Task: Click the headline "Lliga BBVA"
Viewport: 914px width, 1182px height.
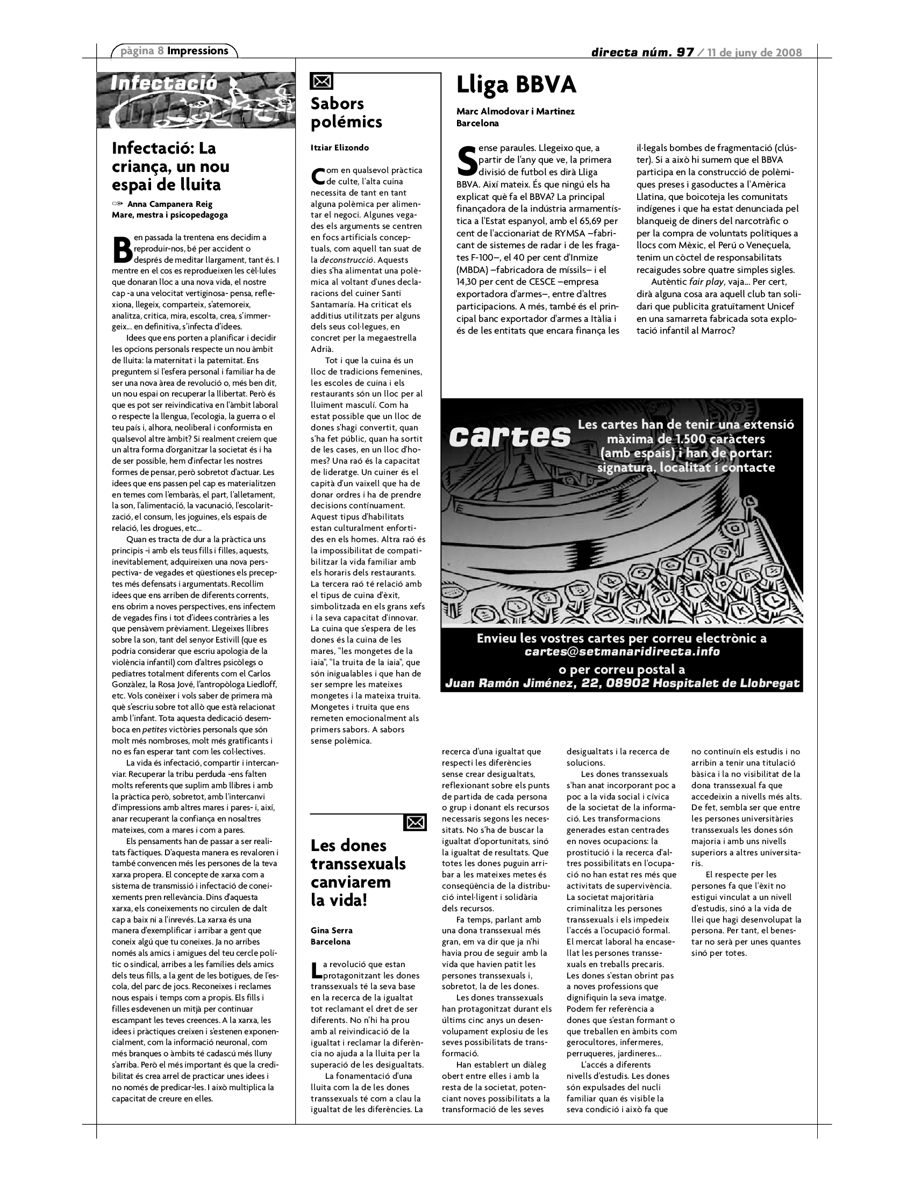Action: click(x=516, y=85)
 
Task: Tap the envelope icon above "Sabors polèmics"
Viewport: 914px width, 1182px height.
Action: click(x=322, y=82)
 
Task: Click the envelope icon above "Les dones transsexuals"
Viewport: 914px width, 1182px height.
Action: click(x=415, y=823)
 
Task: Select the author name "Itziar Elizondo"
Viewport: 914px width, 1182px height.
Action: click(x=339, y=148)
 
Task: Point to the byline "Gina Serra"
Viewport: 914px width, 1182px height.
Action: click(x=331, y=931)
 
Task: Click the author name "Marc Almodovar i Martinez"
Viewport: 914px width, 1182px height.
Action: click(x=516, y=112)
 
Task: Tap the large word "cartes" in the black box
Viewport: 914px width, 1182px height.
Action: click(x=510, y=436)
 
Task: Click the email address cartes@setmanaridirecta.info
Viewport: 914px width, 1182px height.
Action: click(x=622, y=652)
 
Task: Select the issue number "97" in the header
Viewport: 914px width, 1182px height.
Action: click(x=684, y=53)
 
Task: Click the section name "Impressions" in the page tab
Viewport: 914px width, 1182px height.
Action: click(x=198, y=51)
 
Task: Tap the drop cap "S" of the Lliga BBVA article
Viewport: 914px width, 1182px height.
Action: click(x=466, y=160)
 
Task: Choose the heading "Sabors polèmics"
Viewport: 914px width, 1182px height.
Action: click(x=346, y=113)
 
